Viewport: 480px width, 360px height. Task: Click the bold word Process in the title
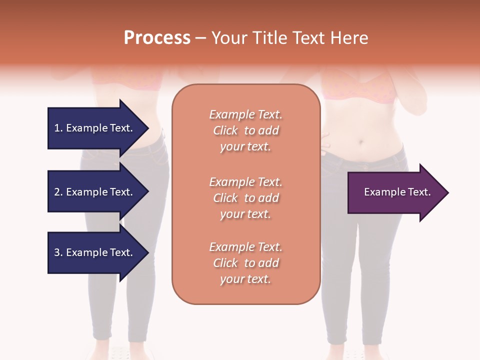point(157,38)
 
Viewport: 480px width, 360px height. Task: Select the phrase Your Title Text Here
point(289,38)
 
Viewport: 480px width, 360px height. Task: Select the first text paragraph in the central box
point(245,130)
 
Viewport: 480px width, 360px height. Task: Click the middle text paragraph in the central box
point(245,198)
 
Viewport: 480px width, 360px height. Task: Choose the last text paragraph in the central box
point(245,263)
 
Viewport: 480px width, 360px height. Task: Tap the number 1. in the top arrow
point(58,128)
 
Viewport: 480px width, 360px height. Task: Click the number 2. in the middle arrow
point(58,192)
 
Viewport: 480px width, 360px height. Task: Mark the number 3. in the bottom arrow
point(58,252)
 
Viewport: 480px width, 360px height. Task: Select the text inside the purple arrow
point(397,192)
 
